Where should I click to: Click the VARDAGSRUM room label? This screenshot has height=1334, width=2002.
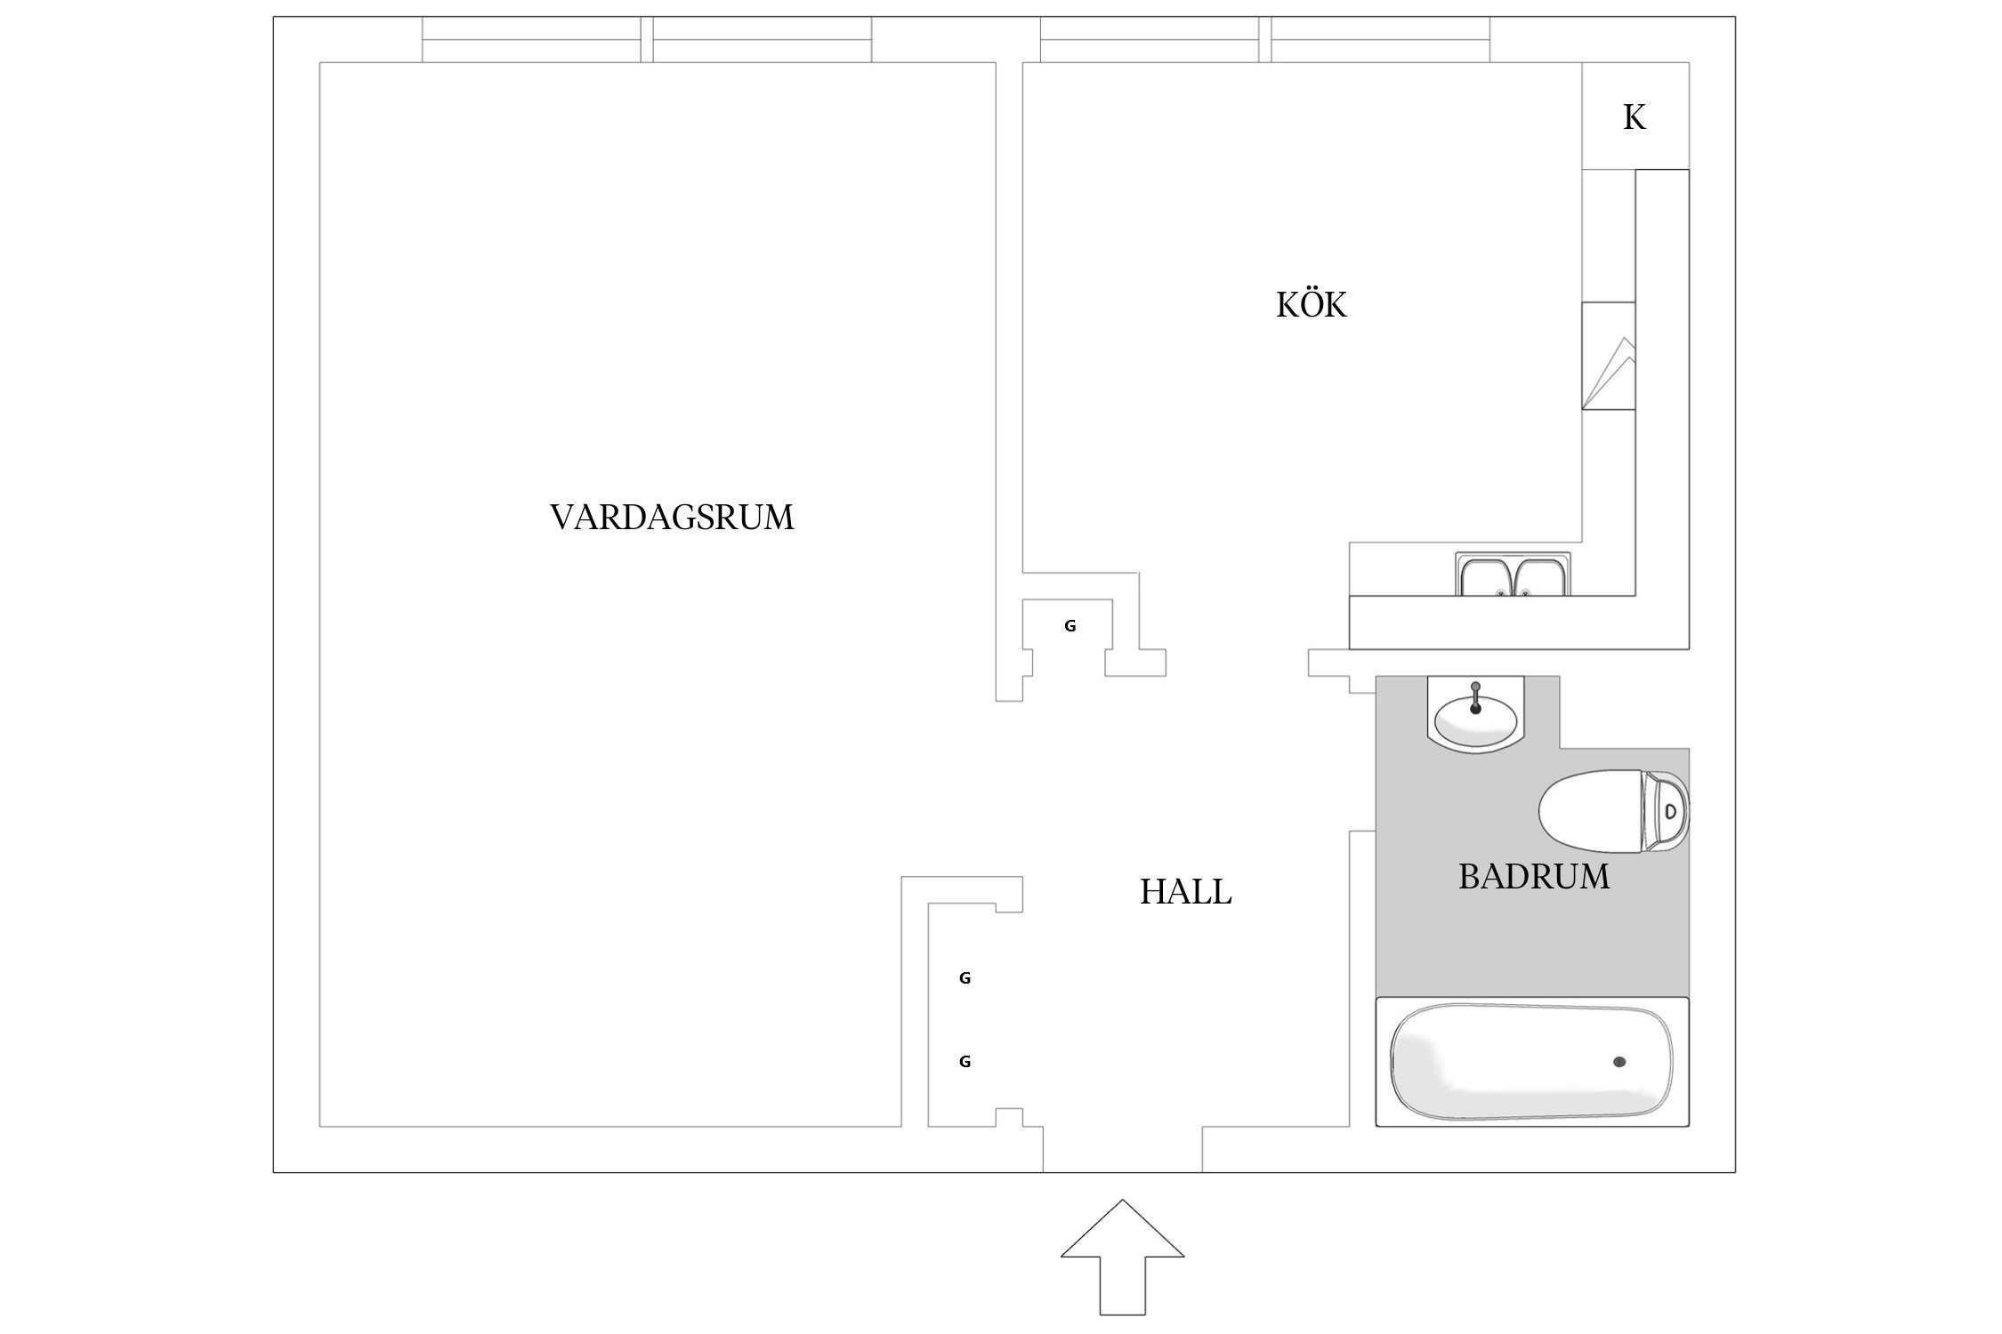(x=672, y=518)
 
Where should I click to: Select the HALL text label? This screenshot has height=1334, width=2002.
(x=1186, y=892)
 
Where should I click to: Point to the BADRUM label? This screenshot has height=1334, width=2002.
(x=1534, y=877)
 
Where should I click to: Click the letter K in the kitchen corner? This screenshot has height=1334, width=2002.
(x=1635, y=117)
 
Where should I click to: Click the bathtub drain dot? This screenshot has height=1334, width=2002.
(x=1619, y=1062)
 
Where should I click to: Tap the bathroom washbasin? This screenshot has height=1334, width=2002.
(x=1476, y=715)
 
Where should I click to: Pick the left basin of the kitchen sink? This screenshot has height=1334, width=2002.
(x=1486, y=576)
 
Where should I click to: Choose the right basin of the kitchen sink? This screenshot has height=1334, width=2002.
(x=1542, y=576)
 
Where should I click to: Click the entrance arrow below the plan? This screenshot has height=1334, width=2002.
(x=1122, y=1257)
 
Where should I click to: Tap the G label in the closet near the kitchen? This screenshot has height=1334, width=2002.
(x=1070, y=626)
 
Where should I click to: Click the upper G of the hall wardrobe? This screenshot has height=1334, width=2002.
(x=965, y=978)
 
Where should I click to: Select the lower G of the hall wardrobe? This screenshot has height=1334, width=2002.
(x=965, y=1061)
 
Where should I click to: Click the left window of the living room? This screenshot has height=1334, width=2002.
(x=531, y=40)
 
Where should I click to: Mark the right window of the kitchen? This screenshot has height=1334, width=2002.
(x=1380, y=40)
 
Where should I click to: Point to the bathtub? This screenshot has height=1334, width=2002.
(x=1532, y=1062)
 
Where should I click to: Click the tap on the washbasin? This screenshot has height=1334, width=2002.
(x=1476, y=697)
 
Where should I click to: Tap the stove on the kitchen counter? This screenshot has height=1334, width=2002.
(x=1609, y=356)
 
